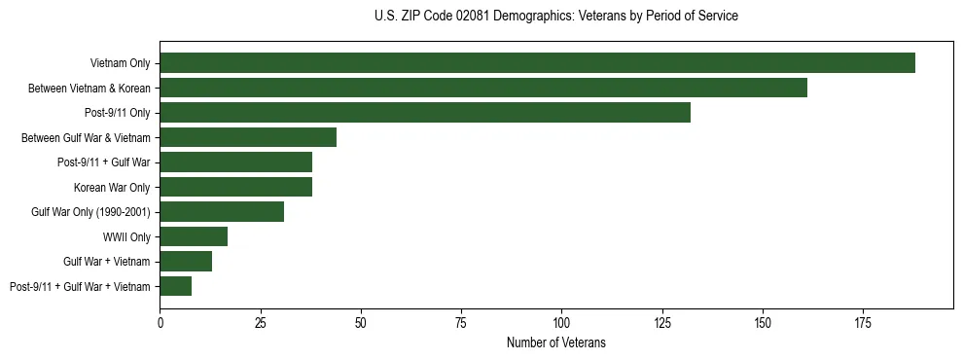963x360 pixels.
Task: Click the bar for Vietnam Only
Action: [x=537, y=63]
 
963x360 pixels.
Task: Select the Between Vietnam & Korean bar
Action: [x=483, y=88]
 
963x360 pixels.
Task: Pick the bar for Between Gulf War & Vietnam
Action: [x=248, y=137]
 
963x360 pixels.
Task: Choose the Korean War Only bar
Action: [x=235, y=187]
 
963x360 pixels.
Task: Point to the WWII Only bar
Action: [x=194, y=236]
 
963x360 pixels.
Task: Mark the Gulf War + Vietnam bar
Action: [x=186, y=261]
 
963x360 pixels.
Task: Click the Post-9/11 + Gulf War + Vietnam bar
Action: [x=175, y=286]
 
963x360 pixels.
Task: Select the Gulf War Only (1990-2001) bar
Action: [x=222, y=211]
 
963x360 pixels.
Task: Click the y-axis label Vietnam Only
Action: [x=120, y=63]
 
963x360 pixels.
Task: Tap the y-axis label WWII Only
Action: [x=126, y=236]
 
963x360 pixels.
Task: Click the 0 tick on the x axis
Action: [x=160, y=320]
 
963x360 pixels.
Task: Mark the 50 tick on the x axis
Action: [x=361, y=320]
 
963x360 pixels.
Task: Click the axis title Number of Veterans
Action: [x=555, y=342]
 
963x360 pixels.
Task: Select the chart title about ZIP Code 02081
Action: [x=555, y=17]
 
